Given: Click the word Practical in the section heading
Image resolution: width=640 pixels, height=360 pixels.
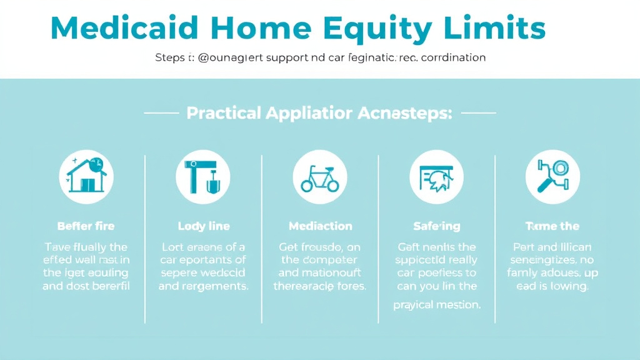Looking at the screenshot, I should [x=223, y=114].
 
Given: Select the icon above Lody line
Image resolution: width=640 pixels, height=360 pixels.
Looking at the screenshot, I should [x=202, y=177].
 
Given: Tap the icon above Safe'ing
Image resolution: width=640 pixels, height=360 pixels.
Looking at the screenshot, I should [x=436, y=177].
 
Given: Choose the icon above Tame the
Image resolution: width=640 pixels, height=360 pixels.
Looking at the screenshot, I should [x=552, y=177].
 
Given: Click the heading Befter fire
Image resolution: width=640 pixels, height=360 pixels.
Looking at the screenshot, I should [x=86, y=226].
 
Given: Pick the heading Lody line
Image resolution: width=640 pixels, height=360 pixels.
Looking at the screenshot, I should [x=203, y=226].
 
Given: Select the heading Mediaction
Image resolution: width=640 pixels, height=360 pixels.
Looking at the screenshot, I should [x=320, y=226].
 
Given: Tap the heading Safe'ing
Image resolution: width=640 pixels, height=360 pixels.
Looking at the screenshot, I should [x=436, y=226].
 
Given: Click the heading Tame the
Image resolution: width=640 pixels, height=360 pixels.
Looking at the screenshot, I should [x=552, y=226].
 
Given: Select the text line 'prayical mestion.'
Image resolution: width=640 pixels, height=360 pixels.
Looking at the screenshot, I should [x=437, y=305].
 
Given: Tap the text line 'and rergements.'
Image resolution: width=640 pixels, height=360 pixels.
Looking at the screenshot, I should [x=203, y=287].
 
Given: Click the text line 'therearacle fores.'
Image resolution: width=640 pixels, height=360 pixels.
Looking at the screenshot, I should [x=320, y=287].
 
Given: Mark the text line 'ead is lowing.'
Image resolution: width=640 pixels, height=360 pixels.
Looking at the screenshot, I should [x=552, y=287].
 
